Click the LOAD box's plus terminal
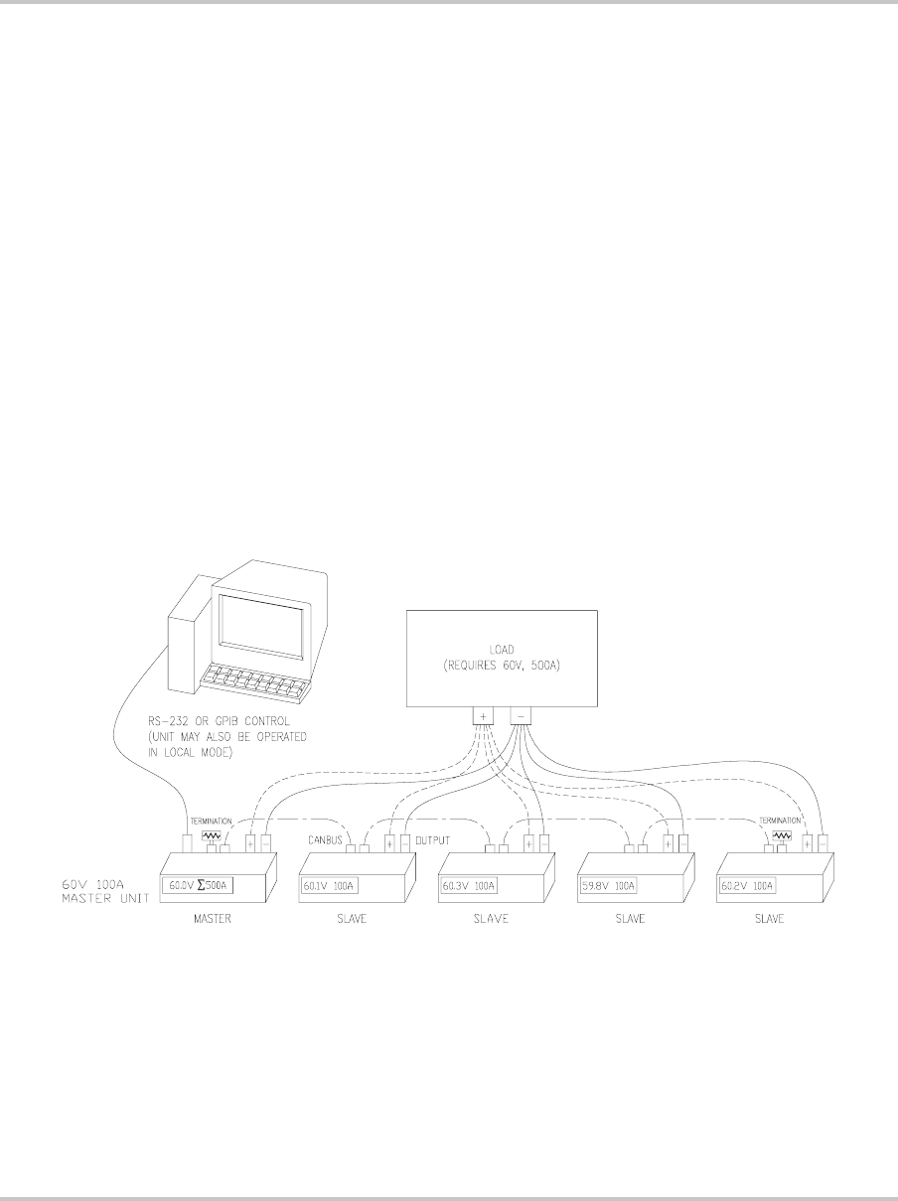pyautogui.click(x=483, y=715)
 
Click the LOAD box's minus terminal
pyautogui.click(x=520, y=715)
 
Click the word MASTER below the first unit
pyautogui.click(x=213, y=920)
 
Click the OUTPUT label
pyautogui.click(x=432, y=840)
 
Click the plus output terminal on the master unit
pyautogui.click(x=250, y=845)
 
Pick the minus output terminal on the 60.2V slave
pyautogui.click(x=823, y=844)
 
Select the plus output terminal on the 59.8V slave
pyautogui.click(x=668, y=845)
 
